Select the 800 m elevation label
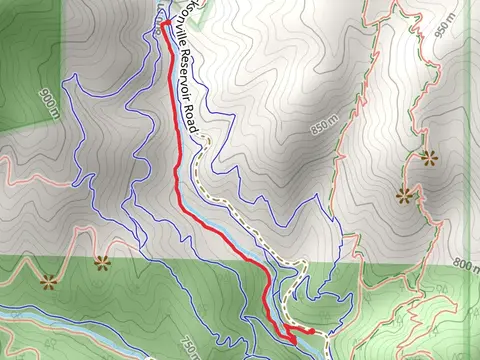coord(462,265)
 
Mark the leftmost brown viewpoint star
coord(48,280)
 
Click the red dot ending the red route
coord(313,330)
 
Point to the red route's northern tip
coord(161,29)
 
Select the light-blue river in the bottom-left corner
coord(40,320)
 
